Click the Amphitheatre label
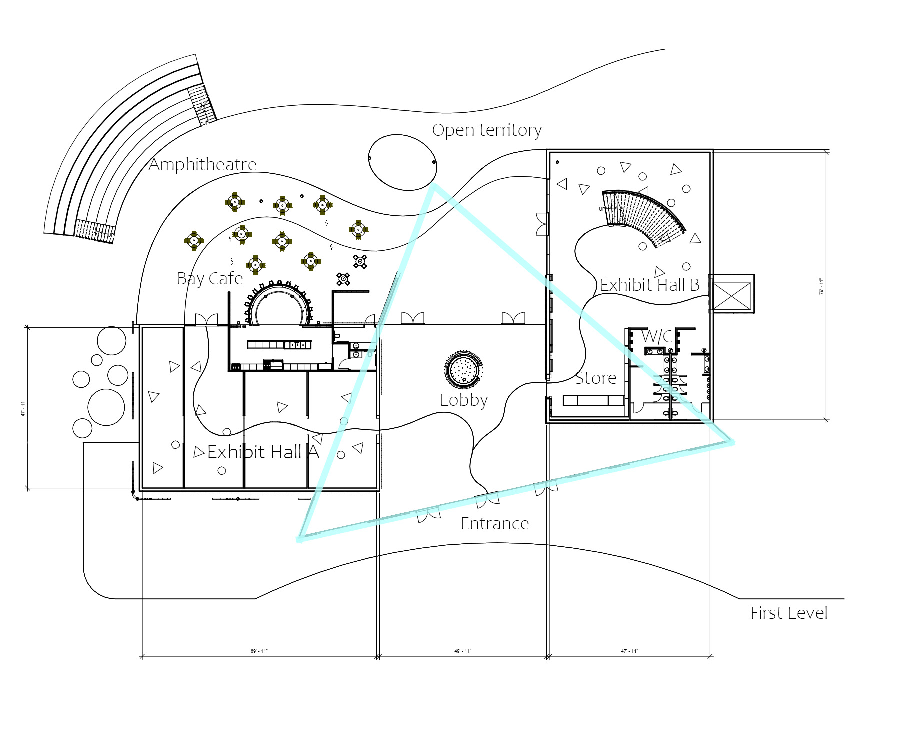point(202,164)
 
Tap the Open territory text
point(486,130)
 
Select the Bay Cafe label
point(210,279)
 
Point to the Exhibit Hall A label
point(263,452)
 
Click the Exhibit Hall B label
point(649,285)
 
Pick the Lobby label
point(464,400)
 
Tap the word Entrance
point(494,524)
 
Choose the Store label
point(595,378)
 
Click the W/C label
point(656,336)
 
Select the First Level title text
point(788,613)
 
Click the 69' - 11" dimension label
point(259,651)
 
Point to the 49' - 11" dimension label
point(462,651)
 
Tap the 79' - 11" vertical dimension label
point(821,286)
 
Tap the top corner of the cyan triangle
point(434,186)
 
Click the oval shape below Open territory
point(402,162)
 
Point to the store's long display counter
point(593,400)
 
